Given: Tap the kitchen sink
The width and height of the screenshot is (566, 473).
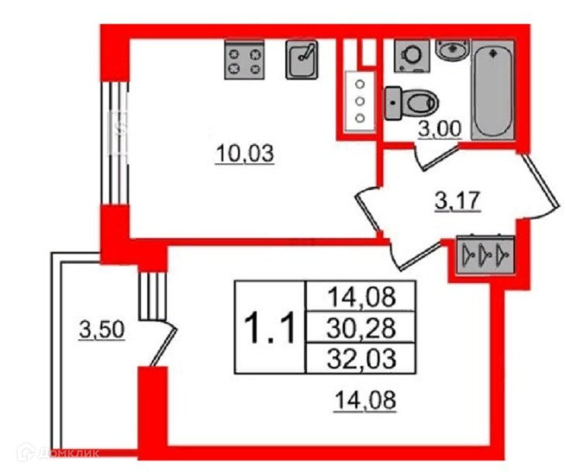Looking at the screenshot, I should tap(302, 60).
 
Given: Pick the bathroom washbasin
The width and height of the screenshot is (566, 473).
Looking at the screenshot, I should tap(452, 49).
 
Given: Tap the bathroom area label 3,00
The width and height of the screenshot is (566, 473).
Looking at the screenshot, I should tap(439, 131).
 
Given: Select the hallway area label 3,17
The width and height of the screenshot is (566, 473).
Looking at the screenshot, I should tap(457, 202).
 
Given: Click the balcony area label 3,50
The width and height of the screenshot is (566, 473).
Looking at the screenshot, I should tap(100, 332).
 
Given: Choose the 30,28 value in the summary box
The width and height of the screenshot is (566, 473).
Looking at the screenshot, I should tap(361, 328).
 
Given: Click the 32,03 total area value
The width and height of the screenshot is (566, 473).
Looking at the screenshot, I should tap(361, 358).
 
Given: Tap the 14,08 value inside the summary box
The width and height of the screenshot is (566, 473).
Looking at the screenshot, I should tap(361, 296).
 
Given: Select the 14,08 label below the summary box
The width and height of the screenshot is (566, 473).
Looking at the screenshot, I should tap(367, 402).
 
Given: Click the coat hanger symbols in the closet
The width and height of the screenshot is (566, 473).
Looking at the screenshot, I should tap(482, 254).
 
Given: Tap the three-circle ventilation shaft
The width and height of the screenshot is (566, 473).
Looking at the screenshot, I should tap(360, 100).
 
